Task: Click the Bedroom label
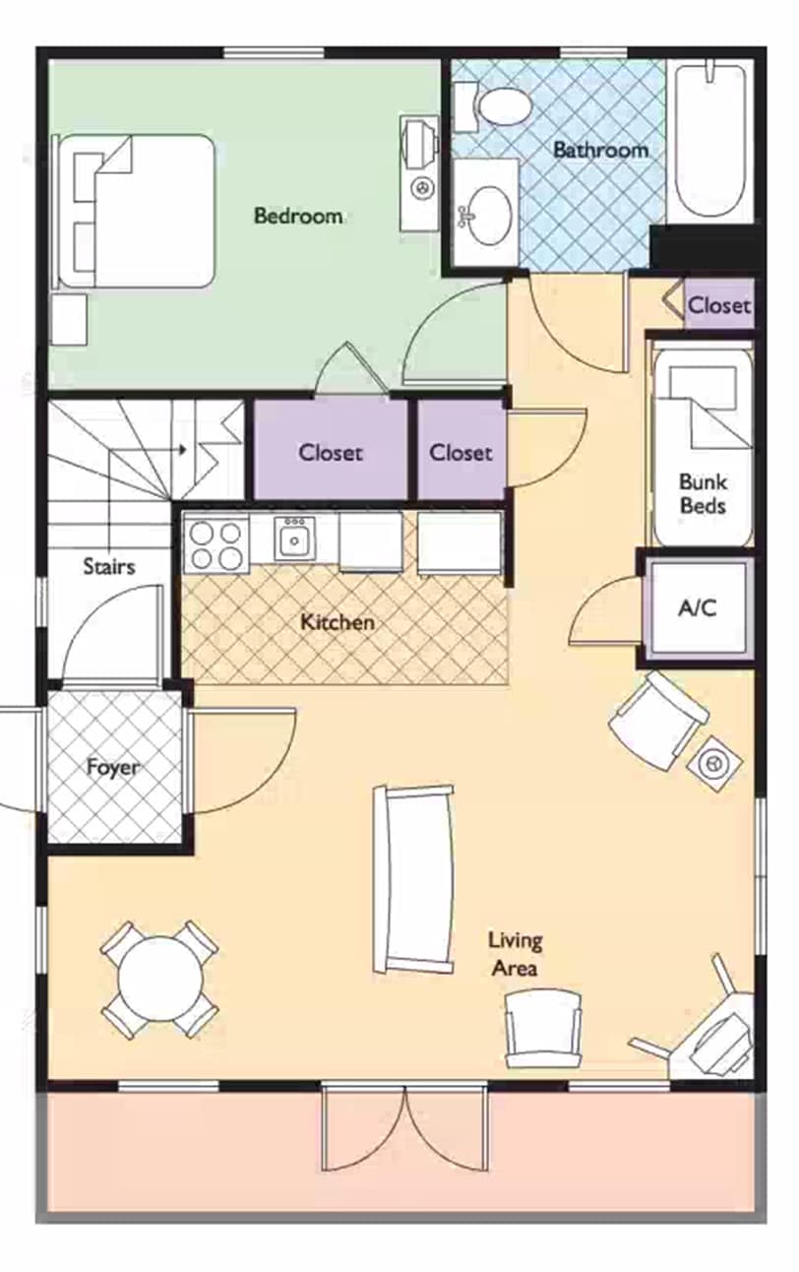point(298,216)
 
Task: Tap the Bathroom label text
point(600,151)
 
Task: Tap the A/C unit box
point(698,608)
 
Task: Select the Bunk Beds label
point(703,494)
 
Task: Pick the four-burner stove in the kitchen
point(216,544)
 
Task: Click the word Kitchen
point(337,622)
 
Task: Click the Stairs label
point(108,566)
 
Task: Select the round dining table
point(158,979)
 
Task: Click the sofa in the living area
point(414,878)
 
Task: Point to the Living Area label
point(515,954)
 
